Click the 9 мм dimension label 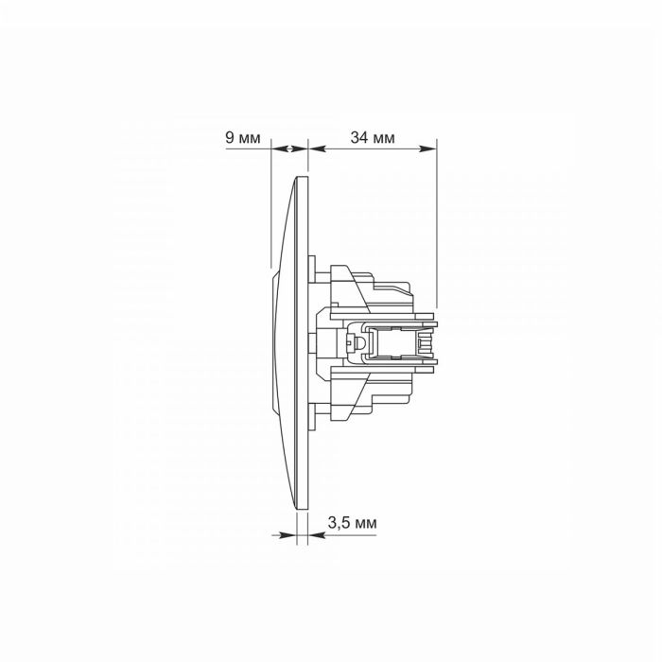(243, 138)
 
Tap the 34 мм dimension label (373, 138)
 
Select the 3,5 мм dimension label (352, 523)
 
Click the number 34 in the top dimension (358, 138)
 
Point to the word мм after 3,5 (366, 524)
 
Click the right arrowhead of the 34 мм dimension (427, 148)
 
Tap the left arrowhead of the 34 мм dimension (318, 148)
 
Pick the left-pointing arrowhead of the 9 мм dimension (279, 148)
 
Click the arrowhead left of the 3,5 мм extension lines (287, 535)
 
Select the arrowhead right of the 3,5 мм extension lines (317, 535)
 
